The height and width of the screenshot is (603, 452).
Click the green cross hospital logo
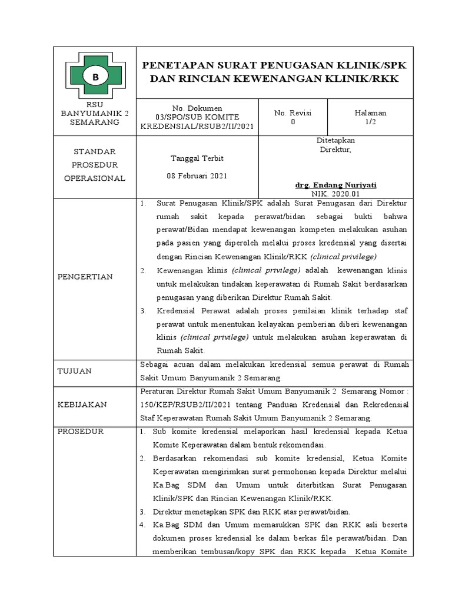click(95, 76)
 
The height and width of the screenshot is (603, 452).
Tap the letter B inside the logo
click(94, 76)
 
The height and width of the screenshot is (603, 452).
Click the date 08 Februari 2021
click(196, 176)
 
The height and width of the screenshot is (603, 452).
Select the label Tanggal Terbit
click(196, 159)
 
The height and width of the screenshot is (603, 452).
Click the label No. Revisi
click(293, 112)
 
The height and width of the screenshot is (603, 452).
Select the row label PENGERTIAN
click(85, 276)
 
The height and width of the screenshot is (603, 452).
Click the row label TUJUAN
click(74, 371)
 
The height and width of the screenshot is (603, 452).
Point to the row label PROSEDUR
click(80, 432)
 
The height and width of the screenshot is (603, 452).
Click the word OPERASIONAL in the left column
click(95, 178)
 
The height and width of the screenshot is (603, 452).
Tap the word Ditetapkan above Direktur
click(335, 141)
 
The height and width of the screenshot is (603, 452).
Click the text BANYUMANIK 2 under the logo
click(95, 113)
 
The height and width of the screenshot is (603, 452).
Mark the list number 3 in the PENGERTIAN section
click(143, 310)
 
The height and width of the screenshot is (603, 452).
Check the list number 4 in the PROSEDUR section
click(142, 524)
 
